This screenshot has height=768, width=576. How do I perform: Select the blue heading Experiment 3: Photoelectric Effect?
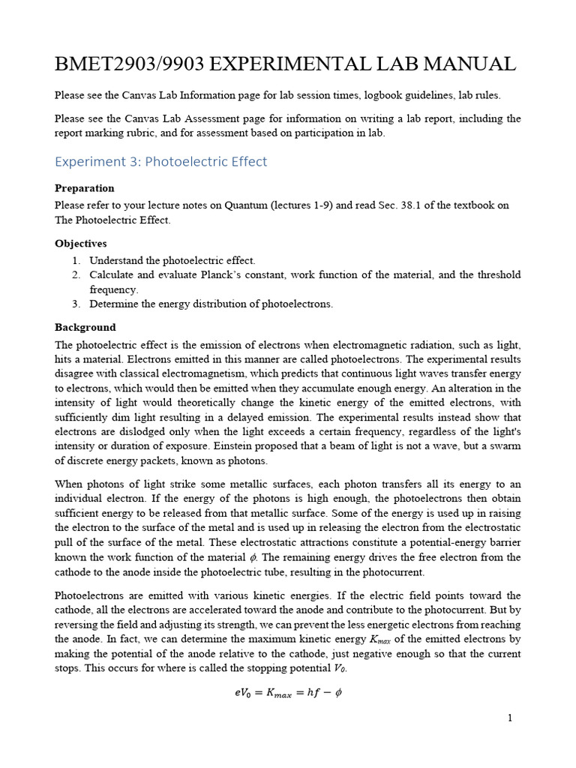[161, 162]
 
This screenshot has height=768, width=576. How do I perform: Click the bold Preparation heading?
[85, 188]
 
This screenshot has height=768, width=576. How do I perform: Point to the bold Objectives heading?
[81, 244]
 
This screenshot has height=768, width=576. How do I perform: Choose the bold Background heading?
[85, 327]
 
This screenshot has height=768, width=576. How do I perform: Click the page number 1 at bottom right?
[510, 718]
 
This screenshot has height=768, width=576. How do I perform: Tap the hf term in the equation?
[307, 693]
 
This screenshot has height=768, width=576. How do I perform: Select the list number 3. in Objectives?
[76, 304]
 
